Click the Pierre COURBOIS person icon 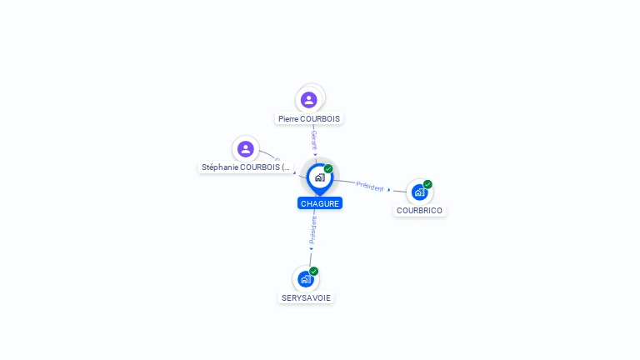click(x=309, y=100)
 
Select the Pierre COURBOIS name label click(x=309, y=119)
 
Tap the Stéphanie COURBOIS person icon click(x=245, y=149)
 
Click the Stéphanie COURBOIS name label click(x=247, y=167)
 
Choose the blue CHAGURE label click(x=320, y=203)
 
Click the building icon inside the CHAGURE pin click(x=319, y=177)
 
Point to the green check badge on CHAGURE click(x=328, y=169)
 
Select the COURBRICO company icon click(x=419, y=192)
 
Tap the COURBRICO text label click(x=419, y=211)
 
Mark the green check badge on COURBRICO click(x=427, y=184)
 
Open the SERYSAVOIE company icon click(x=306, y=279)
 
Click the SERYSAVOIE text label click(x=306, y=298)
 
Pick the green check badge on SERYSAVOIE click(x=314, y=271)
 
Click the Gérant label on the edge click(x=314, y=139)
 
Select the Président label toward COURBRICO click(x=370, y=186)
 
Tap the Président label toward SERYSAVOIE click(x=313, y=230)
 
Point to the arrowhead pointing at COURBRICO click(x=389, y=190)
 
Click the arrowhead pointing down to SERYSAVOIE click(x=312, y=248)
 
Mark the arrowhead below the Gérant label click(x=315, y=154)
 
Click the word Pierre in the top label click(x=288, y=119)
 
